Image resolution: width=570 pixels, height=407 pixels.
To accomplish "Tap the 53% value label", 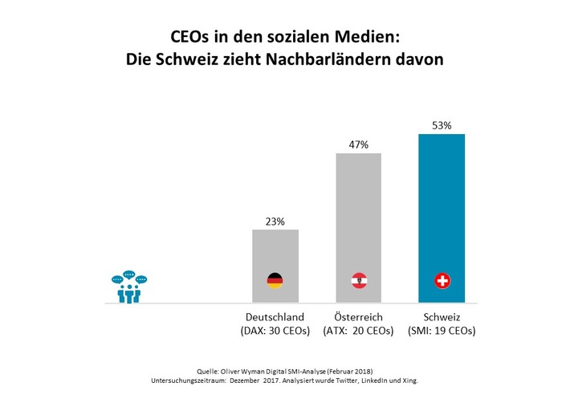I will tap(442, 126).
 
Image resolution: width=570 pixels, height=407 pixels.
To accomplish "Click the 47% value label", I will tap(358, 144).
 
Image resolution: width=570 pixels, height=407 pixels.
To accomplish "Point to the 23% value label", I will tap(275, 222).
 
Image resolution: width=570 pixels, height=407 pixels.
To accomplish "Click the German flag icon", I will tap(275, 281).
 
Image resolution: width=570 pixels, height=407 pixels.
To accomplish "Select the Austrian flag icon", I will tap(359, 281).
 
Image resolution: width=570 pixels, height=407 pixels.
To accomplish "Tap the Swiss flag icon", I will tap(442, 281).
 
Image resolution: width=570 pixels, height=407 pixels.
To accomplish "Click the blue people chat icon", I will tap(129, 289).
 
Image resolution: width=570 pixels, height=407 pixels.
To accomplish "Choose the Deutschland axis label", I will tap(275, 317).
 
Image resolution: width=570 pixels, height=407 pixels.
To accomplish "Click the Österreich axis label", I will tap(358, 317).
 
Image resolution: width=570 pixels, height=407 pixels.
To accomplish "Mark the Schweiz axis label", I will tap(442, 317).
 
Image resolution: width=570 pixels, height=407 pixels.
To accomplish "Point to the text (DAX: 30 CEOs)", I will tap(275, 331).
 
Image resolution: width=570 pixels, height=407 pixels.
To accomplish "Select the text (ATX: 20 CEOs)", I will tap(358, 331).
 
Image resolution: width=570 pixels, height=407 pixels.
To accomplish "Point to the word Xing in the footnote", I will tap(409, 381).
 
